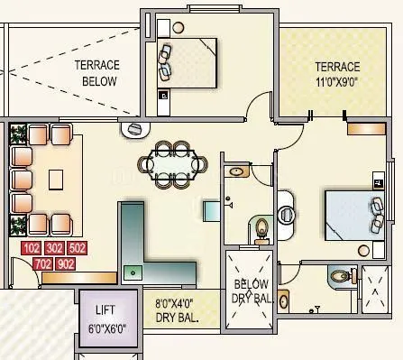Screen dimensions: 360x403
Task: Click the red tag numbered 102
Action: (32, 249)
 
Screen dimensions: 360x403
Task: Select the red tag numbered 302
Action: (54, 249)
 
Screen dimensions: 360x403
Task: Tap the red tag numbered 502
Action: (77, 249)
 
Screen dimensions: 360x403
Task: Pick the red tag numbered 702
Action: (42, 263)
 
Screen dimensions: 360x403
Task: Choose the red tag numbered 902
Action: (66, 263)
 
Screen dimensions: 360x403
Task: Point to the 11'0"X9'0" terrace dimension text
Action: (337, 80)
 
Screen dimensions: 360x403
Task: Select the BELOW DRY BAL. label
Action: (250, 291)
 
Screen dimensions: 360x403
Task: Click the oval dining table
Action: (172, 164)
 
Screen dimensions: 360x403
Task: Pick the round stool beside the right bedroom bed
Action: (365, 251)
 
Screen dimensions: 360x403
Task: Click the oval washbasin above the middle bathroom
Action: (238, 171)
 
